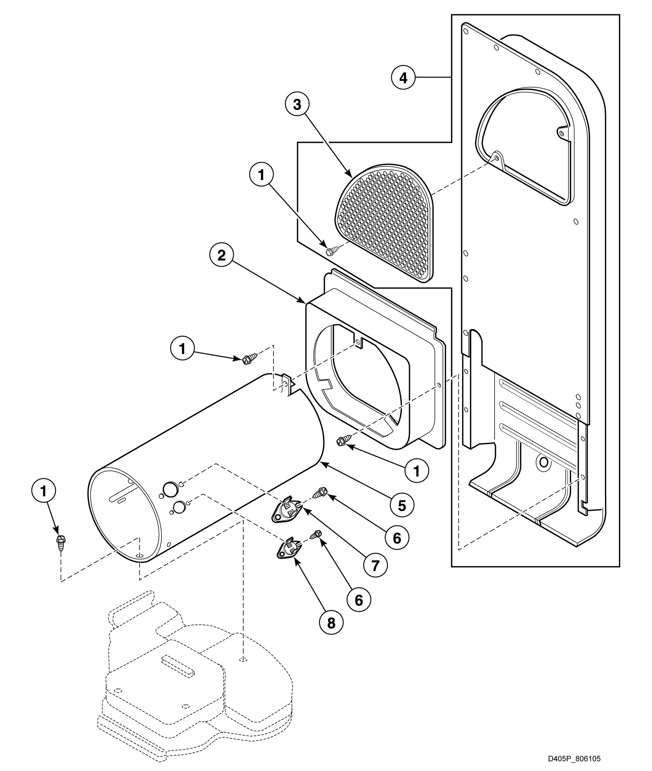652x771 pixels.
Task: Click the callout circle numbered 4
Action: tap(403, 78)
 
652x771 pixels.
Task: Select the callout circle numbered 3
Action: tap(297, 105)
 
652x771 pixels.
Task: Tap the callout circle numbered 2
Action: tap(221, 255)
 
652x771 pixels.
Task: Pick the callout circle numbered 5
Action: tap(401, 505)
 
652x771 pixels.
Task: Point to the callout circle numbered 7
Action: tap(375, 566)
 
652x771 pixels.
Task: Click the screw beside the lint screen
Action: tap(331, 251)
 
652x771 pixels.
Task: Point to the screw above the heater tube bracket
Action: tap(246, 359)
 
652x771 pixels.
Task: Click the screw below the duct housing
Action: tap(342, 441)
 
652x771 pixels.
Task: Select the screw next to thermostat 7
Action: tap(321, 492)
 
